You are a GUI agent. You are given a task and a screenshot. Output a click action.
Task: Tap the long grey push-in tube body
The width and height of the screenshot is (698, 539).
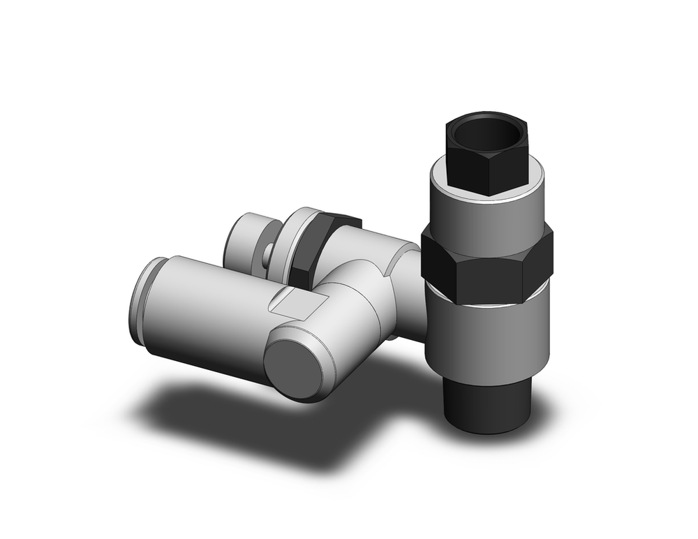coord(209,314)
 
